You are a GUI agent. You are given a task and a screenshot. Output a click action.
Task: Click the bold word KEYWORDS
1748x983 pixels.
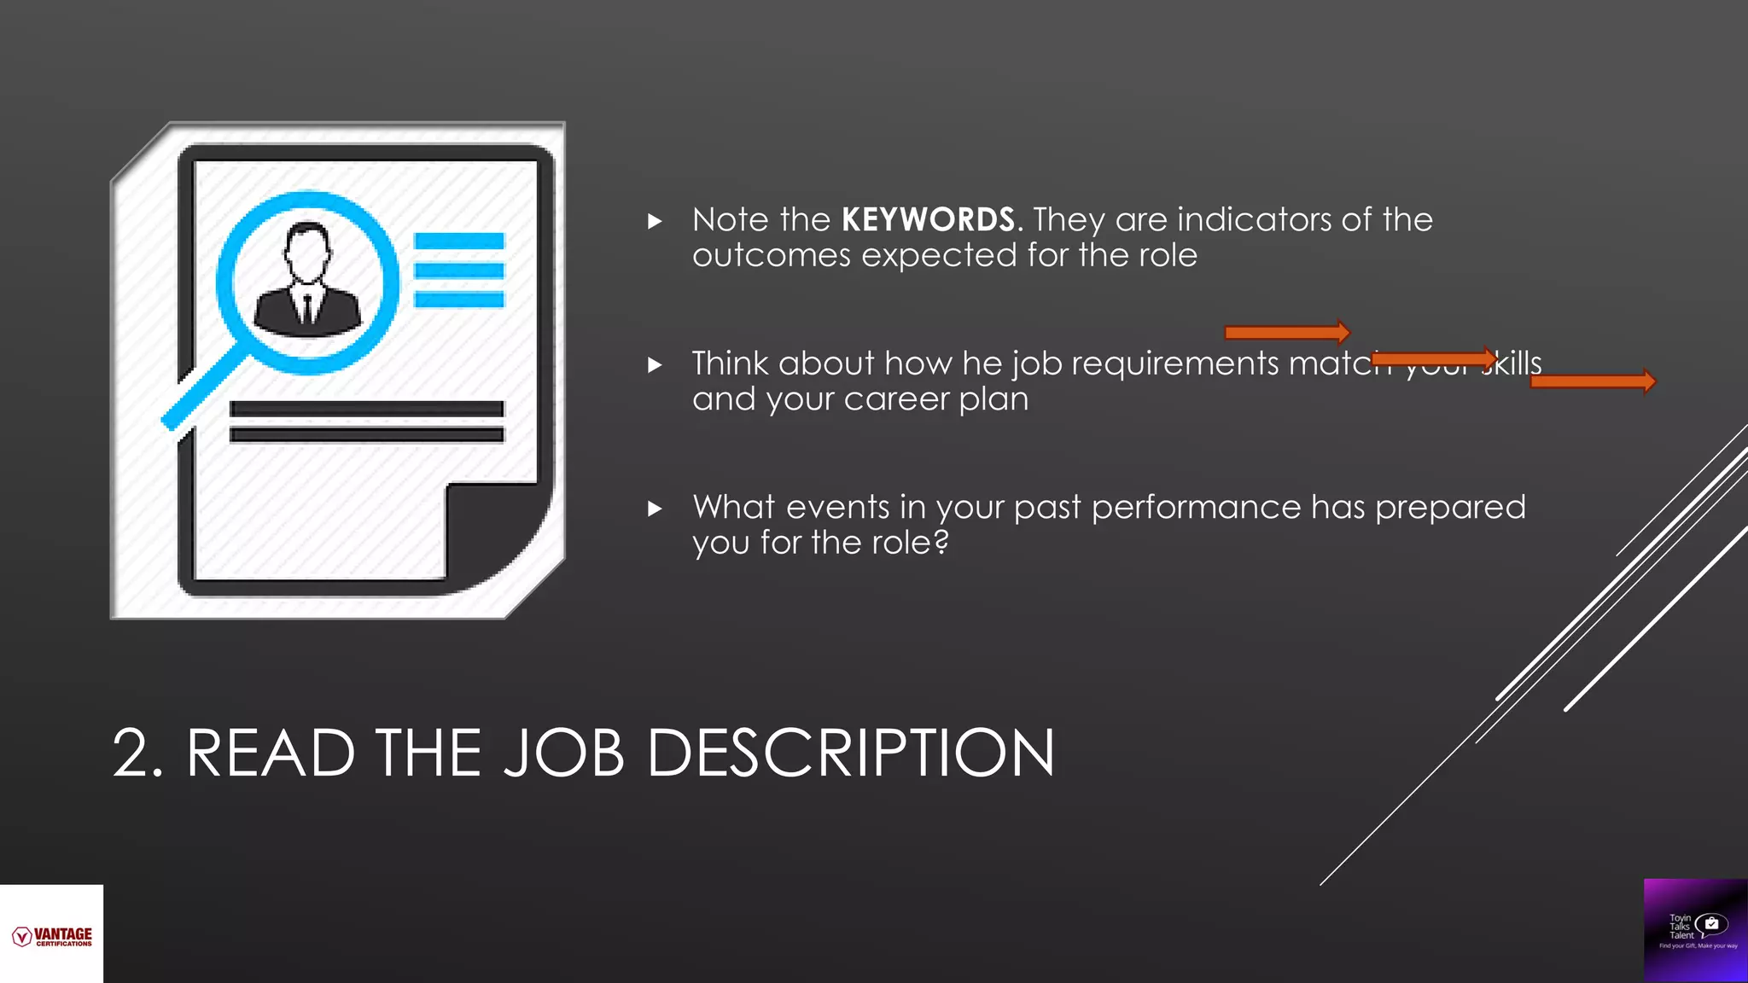pos(928,220)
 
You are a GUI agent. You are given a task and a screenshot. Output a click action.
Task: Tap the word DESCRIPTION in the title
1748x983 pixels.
pos(850,753)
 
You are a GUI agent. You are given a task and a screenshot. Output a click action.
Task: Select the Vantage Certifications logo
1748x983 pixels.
pos(52,936)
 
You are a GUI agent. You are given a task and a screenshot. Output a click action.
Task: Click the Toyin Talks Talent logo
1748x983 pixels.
pos(1696,930)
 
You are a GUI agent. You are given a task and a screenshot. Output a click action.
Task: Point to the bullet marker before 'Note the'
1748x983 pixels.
pos(655,222)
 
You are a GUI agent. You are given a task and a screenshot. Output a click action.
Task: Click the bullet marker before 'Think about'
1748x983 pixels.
pos(655,365)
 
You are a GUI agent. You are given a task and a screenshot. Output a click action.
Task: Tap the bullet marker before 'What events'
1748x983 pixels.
pos(655,509)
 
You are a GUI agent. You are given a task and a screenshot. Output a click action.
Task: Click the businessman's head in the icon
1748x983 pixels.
pos(306,252)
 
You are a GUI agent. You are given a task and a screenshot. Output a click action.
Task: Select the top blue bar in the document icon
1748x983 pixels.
pos(459,241)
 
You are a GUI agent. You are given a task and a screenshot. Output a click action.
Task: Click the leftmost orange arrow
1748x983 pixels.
pos(1287,332)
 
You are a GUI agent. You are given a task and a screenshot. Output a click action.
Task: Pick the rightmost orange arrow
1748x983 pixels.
pos(1593,381)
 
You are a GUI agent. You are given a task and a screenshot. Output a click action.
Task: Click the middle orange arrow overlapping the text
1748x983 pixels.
pos(1434,358)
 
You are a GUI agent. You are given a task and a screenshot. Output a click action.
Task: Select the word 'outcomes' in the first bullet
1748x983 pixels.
pos(771,256)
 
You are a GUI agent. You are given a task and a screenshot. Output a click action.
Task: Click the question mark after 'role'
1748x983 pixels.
pos(941,542)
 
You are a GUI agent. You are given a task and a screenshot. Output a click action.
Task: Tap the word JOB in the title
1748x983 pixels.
pos(564,753)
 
